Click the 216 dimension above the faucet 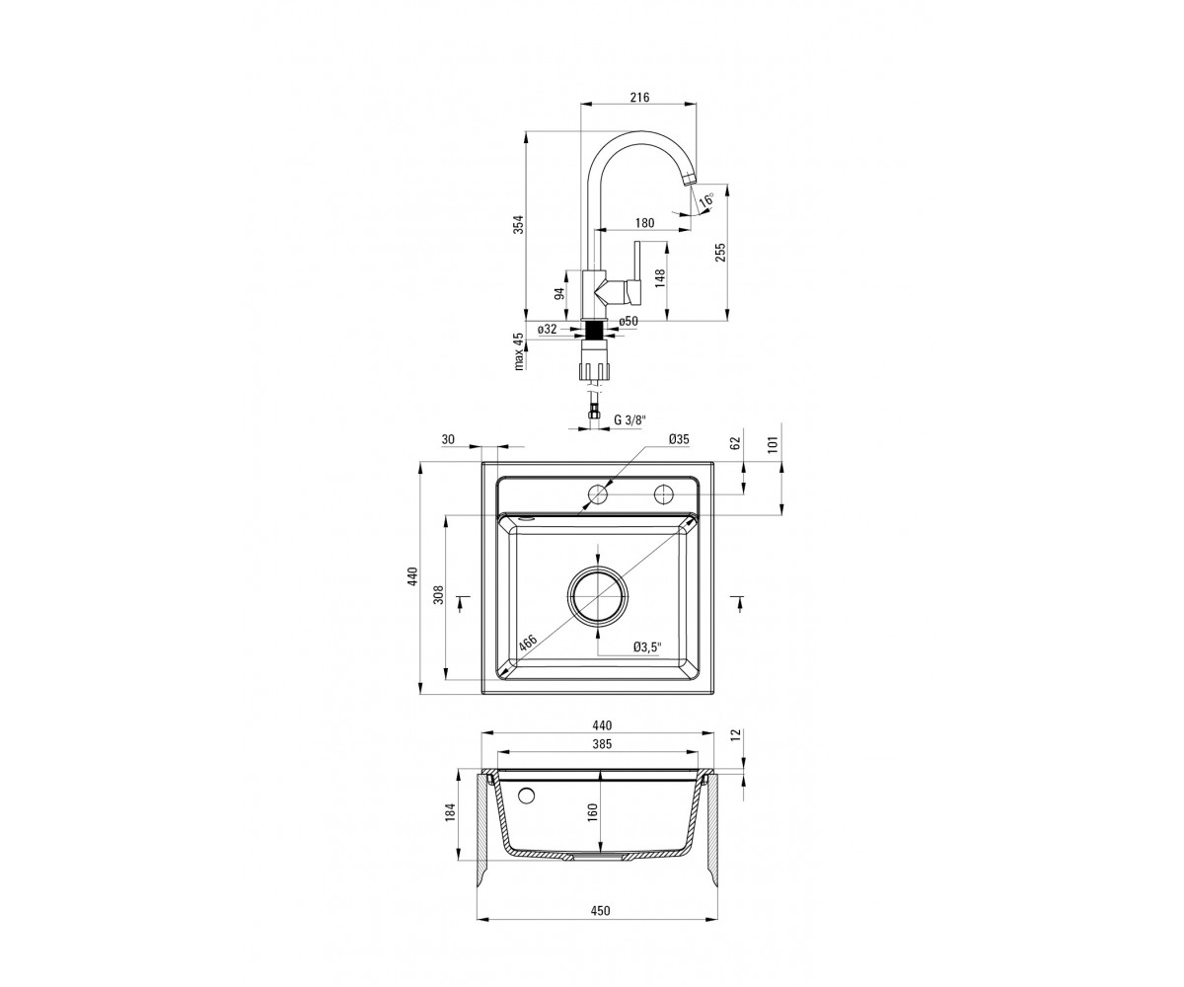[x=639, y=97]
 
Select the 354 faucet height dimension [x=521, y=224]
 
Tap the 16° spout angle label [x=706, y=200]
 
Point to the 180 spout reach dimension [x=644, y=223]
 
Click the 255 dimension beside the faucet [x=720, y=252]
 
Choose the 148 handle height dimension [x=659, y=278]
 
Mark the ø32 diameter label [x=548, y=329]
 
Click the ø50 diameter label [x=629, y=321]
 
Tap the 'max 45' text [x=518, y=351]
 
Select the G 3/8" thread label [x=630, y=419]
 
